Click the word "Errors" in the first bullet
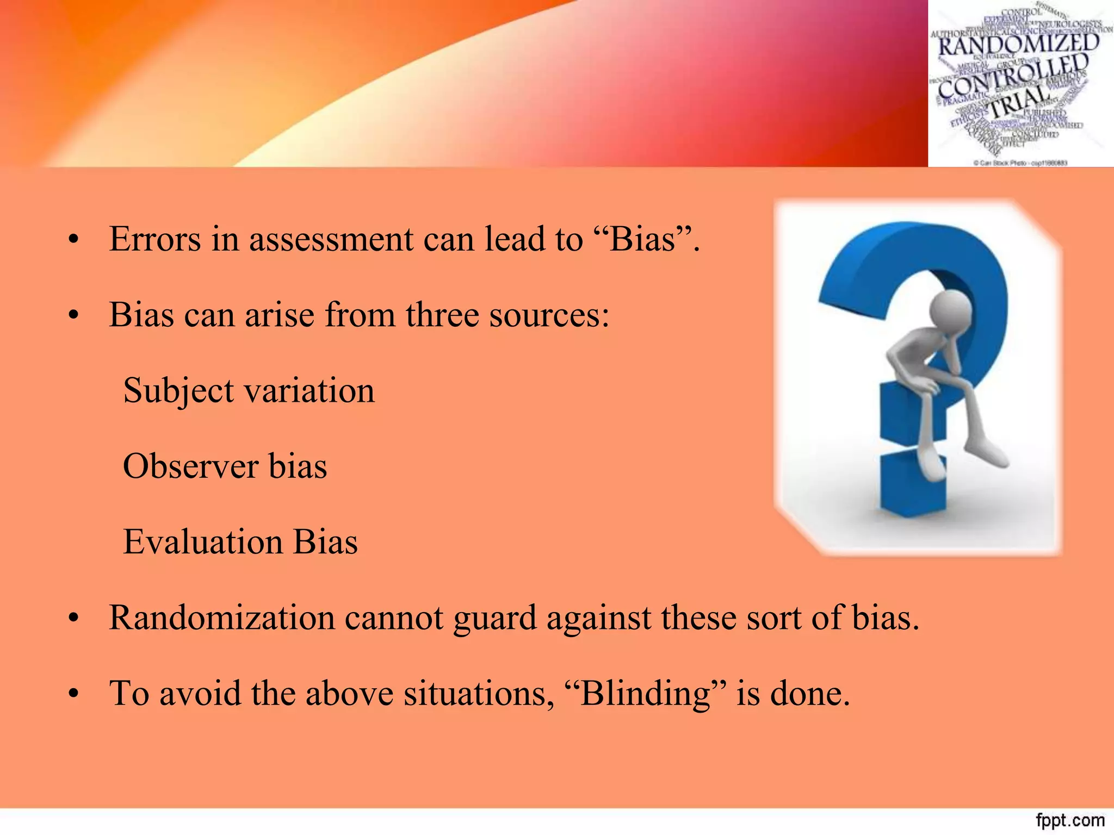click(154, 239)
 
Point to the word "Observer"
click(190, 466)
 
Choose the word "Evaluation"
click(202, 542)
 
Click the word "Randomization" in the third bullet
click(221, 618)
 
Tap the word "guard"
click(494, 618)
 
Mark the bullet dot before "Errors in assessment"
click(74, 240)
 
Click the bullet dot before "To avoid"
click(74, 695)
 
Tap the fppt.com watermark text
click(1069, 820)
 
